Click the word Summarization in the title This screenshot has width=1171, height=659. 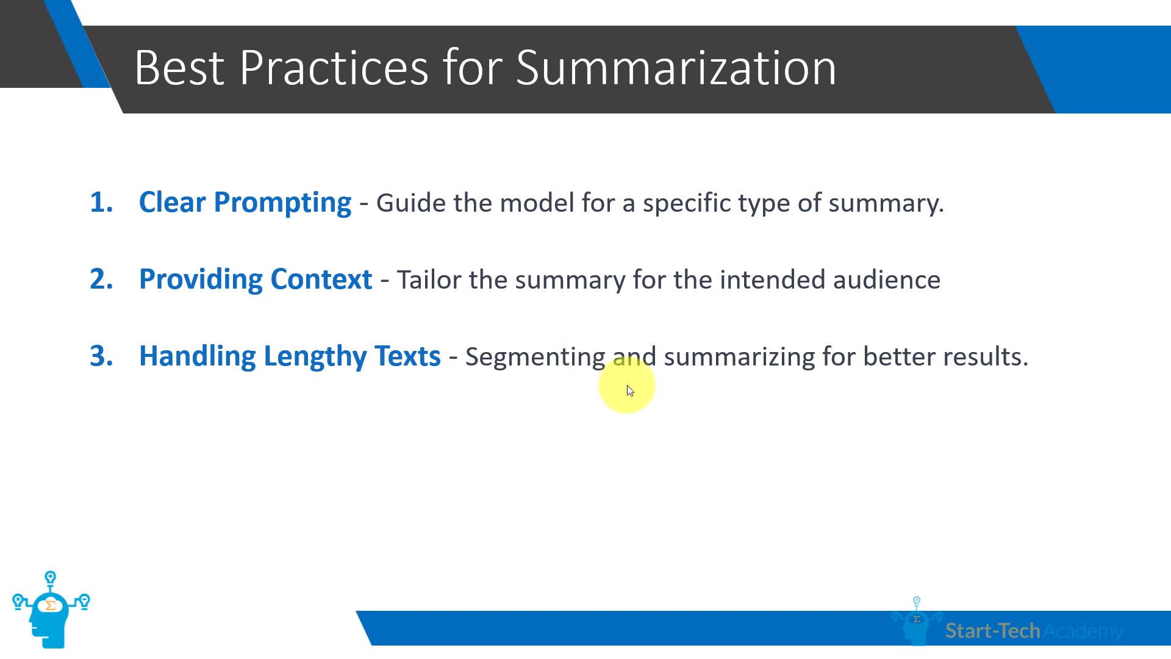click(676, 67)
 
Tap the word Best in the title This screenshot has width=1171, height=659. click(179, 67)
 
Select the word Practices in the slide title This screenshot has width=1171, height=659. click(334, 67)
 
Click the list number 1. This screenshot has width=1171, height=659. click(101, 203)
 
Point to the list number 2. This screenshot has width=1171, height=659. click(101, 279)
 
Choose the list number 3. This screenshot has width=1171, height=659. click(101, 356)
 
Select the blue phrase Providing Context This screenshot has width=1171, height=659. click(256, 279)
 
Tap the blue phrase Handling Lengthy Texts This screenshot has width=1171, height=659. click(290, 357)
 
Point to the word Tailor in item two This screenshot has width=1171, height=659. click(429, 280)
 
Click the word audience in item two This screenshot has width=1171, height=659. click(887, 280)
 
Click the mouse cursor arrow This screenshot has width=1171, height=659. click(630, 391)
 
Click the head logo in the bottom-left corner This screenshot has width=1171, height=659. click(51, 610)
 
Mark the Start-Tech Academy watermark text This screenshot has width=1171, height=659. click(1034, 631)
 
